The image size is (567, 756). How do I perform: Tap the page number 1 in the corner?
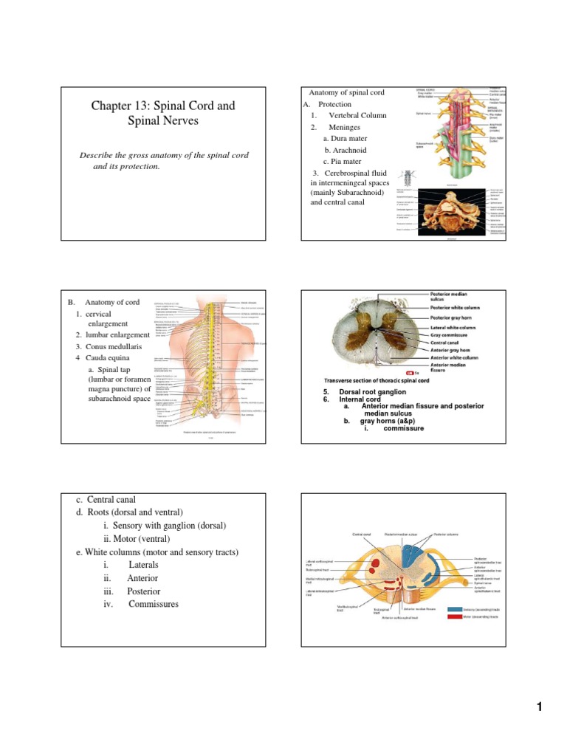[x=540, y=707]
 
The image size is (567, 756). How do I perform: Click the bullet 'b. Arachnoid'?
[x=345, y=150]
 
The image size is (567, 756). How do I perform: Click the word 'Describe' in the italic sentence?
[x=97, y=155]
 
